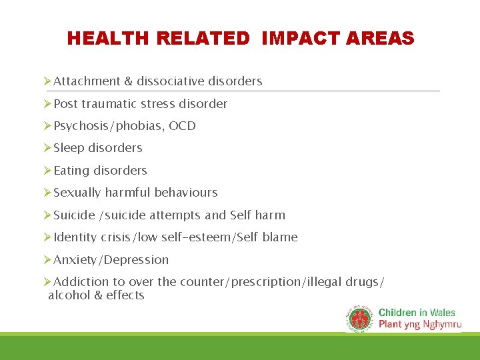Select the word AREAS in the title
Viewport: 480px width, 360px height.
[x=383, y=39]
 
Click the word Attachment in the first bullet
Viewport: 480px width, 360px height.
[x=87, y=81]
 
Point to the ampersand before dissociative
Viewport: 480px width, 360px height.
[x=129, y=81]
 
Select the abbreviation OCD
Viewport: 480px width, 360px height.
[x=182, y=126]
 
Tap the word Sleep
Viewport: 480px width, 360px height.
[x=69, y=148]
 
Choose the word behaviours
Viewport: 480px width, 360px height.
[x=186, y=193]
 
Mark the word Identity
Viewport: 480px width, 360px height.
[x=75, y=237]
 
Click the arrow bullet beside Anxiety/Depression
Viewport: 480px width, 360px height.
[x=47, y=260]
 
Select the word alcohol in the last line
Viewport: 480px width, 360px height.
[x=68, y=295]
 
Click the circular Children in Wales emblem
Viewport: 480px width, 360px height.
[x=360, y=319]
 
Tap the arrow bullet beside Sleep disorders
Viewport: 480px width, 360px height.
[x=47, y=148]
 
